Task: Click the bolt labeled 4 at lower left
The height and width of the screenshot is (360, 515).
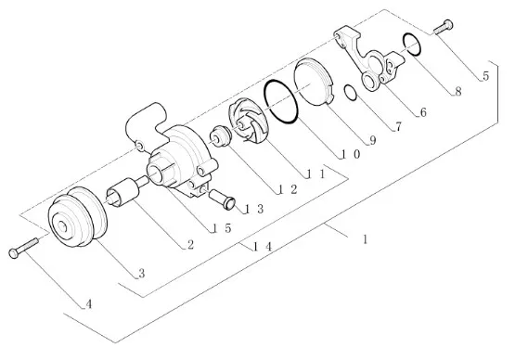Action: coord(23,248)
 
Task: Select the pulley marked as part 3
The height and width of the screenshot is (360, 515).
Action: coord(77,220)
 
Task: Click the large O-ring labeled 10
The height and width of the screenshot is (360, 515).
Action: coord(279,101)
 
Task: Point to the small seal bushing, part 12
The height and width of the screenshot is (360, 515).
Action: coord(221,137)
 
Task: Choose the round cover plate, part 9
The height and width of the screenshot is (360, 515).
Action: coord(313,81)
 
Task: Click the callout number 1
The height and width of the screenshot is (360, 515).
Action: coord(365,240)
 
